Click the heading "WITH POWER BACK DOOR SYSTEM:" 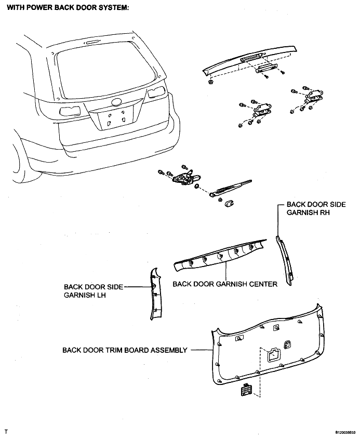(68, 8)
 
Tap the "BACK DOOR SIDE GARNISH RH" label (316, 208)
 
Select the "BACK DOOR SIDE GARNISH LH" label (94, 291)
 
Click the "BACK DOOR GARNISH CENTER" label (225, 284)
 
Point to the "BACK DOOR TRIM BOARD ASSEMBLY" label (125, 350)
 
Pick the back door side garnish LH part (155, 294)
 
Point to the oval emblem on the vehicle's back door (116, 102)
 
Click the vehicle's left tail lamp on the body (70, 111)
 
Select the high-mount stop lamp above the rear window (91, 43)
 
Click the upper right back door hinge (315, 95)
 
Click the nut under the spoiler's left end (210, 82)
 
